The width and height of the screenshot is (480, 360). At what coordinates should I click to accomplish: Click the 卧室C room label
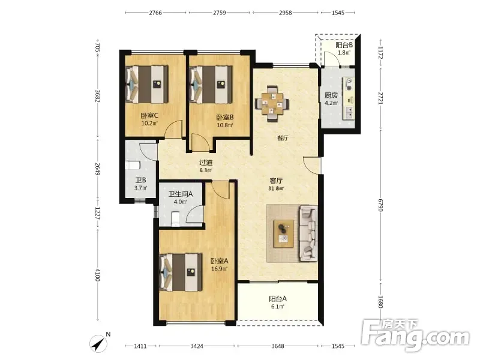pyautogui.click(x=149, y=115)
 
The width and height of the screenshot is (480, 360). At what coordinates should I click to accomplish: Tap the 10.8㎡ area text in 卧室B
pyautogui.click(x=225, y=125)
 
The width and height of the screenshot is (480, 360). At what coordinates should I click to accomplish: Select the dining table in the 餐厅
pyautogui.click(x=272, y=103)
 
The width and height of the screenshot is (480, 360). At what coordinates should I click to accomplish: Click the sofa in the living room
pyautogui.click(x=308, y=233)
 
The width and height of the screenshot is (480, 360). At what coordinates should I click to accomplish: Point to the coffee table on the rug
pyautogui.click(x=284, y=233)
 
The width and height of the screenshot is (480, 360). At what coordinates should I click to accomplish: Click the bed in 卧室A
pyautogui.click(x=181, y=272)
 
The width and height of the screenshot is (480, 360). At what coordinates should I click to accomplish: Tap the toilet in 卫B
pyautogui.click(x=132, y=166)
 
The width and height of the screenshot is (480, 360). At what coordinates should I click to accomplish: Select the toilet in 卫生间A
pyautogui.click(x=175, y=218)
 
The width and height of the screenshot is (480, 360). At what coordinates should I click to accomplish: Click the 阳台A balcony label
pyautogui.click(x=278, y=298)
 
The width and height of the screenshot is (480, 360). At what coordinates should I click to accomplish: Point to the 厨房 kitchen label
pyautogui.click(x=331, y=95)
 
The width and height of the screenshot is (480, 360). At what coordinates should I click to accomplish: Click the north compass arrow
pyautogui.click(x=98, y=343)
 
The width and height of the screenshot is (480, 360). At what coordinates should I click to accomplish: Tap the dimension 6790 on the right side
pyautogui.click(x=380, y=205)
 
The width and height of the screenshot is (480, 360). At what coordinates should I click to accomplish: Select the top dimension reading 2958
pyautogui.click(x=286, y=13)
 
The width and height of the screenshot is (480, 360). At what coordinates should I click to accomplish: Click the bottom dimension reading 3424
pyautogui.click(x=197, y=346)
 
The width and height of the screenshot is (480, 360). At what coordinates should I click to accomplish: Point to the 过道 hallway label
pyautogui.click(x=206, y=162)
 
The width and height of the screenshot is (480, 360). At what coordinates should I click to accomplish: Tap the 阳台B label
pyautogui.click(x=344, y=45)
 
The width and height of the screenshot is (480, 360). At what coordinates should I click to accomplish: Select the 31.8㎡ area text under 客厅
pyautogui.click(x=276, y=188)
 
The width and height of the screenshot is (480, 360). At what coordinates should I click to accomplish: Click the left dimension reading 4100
pyautogui.click(x=97, y=275)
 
